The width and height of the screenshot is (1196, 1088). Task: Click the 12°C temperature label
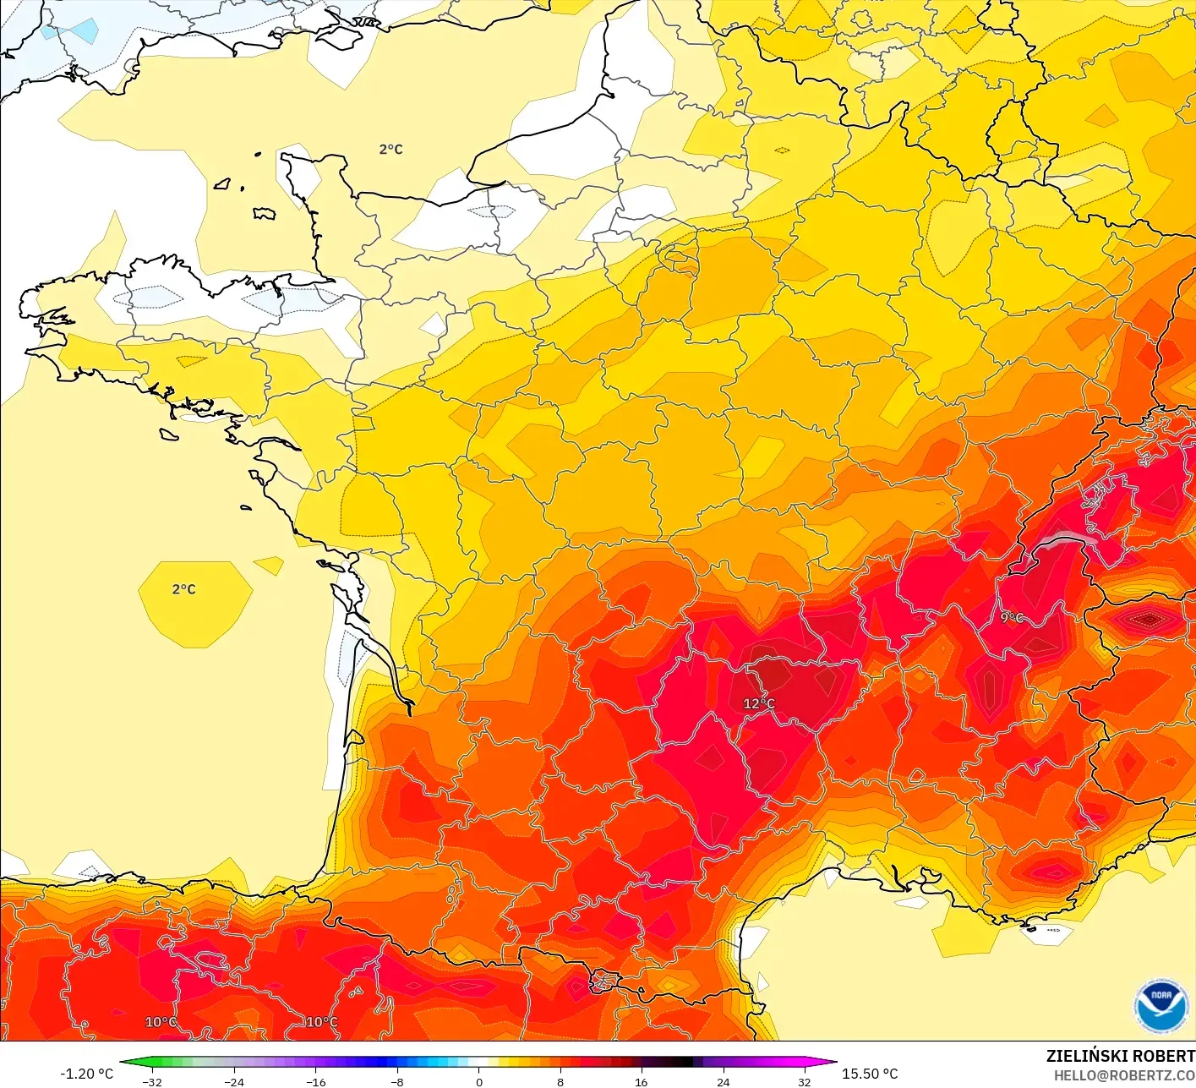click(x=758, y=703)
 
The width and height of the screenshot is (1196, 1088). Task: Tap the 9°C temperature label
click(x=1012, y=618)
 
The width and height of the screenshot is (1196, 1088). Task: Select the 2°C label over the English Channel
click(x=390, y=150)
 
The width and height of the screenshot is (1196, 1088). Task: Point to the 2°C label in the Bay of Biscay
click(x=183, y=589)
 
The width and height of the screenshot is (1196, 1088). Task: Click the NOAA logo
click(x=1161, y=1006)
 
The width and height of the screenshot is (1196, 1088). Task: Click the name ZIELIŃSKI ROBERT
click(x=1120, y=1056)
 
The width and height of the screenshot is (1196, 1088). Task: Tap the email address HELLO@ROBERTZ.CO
click(x=1123, y=1075)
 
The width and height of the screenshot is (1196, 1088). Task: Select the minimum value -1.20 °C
click(x=86, y=1074)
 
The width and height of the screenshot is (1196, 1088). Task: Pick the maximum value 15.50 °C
click(x=870, y=1074)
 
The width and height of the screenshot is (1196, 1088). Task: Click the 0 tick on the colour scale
click(x=478, y=1081)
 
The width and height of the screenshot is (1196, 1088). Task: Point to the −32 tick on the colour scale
click(x=152, y=1081)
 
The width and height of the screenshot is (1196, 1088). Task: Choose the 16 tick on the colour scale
click(x=642, y=1081)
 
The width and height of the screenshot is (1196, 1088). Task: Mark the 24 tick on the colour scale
click(x=723, y=1081)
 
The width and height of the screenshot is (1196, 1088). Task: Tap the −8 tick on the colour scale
click(x=396, y=1081)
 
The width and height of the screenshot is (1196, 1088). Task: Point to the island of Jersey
click(x=265, y=214)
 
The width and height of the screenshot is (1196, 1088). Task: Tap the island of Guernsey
click(x=223, y=183)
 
